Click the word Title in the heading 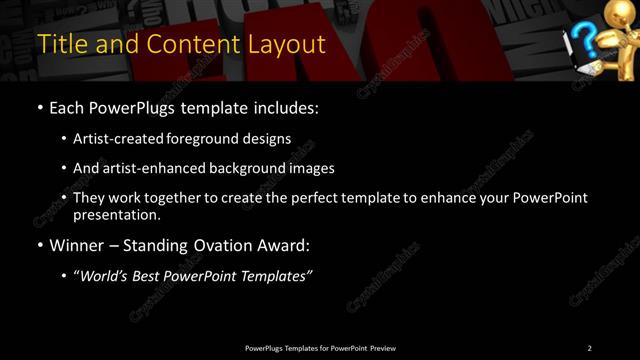click(60, 45)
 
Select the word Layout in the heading click(286, 45)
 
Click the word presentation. click(117, 214)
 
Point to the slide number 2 click(589, 348)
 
